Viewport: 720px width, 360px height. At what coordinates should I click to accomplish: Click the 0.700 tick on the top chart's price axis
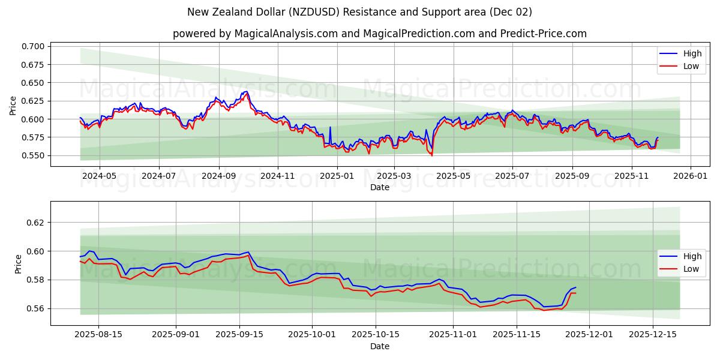click(x=34, y=46)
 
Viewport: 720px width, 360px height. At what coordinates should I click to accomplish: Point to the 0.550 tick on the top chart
click(x=34, y=155)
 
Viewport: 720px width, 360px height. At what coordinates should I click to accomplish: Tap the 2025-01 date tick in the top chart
click(x=337, y=176)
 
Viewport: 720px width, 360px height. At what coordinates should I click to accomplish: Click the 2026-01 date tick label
click(x=691, y=176)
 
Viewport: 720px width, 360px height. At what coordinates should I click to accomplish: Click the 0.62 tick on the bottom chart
click(x=36, y=222)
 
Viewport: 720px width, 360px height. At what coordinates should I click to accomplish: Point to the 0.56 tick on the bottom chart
click(x=36, y=308)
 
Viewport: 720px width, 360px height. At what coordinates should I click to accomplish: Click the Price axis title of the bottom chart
click(x=18, y=263)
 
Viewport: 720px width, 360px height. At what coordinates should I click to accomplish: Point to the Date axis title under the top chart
click(x=379, y=187)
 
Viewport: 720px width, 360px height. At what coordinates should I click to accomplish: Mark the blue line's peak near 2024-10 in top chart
click(x=245, y=91)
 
